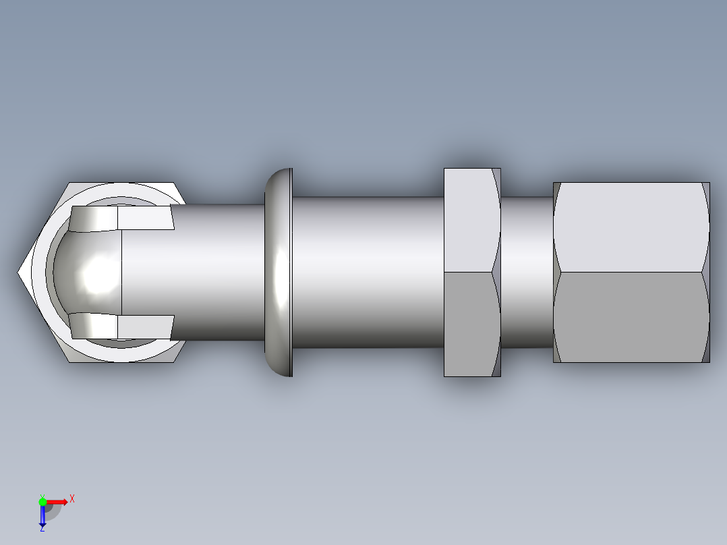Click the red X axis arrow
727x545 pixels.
(x=57, y=502)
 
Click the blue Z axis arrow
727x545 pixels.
(x=42, y=515)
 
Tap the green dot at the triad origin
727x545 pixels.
(x=42, y=501)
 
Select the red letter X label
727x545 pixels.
(x=71, y=498)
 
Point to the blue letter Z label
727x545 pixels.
(x=42, y=529)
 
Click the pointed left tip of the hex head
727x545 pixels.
(x=20, y=272)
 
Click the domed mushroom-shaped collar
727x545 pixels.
(x=279, y=272)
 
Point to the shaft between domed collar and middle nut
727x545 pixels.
(x=368, y=272)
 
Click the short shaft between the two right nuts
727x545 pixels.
(x=527, y=272)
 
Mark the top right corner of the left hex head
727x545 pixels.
(x=175, y=183)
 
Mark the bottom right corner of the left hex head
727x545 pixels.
(x=175, y=362)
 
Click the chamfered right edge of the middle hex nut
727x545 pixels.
(x=496, y=272)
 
